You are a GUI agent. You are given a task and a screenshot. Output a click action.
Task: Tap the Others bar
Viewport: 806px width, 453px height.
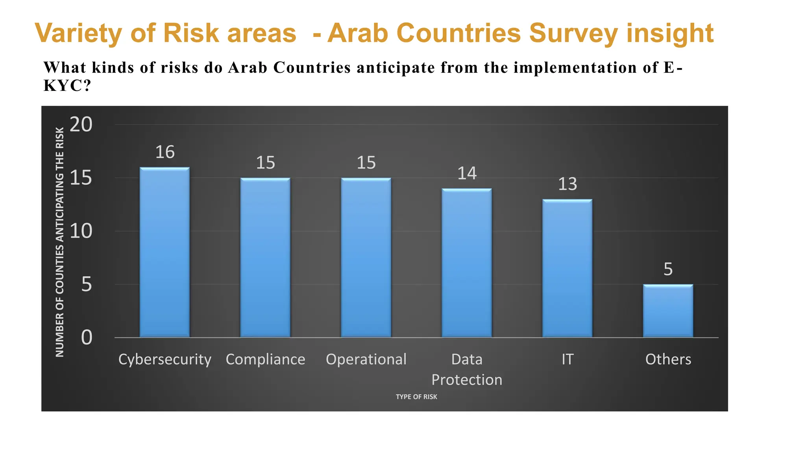pyautogui.click(x=668, y=311)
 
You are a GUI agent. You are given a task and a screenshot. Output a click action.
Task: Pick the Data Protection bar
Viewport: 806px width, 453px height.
pyautogui.click(x=467, y=263)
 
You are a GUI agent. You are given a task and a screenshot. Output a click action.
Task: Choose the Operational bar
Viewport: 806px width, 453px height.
pyautogui.click(x=366, y=258)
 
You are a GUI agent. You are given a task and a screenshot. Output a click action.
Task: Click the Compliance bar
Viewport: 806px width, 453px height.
pyautogui.click(x=265, y=258)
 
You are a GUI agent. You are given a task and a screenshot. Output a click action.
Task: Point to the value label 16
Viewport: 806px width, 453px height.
pyautogui.click(x=165, y=152)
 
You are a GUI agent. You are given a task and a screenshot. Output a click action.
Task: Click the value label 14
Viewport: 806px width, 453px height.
pyautogui.click(x=467, y=173)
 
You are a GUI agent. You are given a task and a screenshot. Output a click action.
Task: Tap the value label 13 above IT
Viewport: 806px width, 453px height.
pyautogui.click(x=568, y=184)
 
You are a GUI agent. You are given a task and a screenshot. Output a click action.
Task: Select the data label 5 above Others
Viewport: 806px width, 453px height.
pyautogui.click(x=668, y=269)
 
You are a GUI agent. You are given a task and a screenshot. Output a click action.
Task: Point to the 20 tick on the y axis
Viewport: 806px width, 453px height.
pyautogui.click(x=81, y=125)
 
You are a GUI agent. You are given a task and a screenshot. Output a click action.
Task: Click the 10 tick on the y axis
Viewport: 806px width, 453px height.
pyautogui.click(x=81, y=231)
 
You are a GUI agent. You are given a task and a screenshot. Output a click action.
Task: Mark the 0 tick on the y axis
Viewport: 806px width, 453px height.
pyautogui.click(x=87, y=337)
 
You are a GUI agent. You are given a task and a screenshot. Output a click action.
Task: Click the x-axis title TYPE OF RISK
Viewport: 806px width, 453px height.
pyautogui.click(x=416, y=397)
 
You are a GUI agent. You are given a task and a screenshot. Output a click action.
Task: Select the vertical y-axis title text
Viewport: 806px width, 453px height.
pyautogui.click(x=60, y=242)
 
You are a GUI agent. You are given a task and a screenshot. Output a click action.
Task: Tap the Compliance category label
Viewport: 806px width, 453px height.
pyautogui.click(x=265, y=359)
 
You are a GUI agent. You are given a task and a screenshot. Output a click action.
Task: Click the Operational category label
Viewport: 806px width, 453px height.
pyautogui.click(x=366, y=359)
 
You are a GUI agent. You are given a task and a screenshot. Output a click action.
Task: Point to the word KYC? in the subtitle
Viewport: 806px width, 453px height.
pyautogui.click(x=67, y=85)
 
